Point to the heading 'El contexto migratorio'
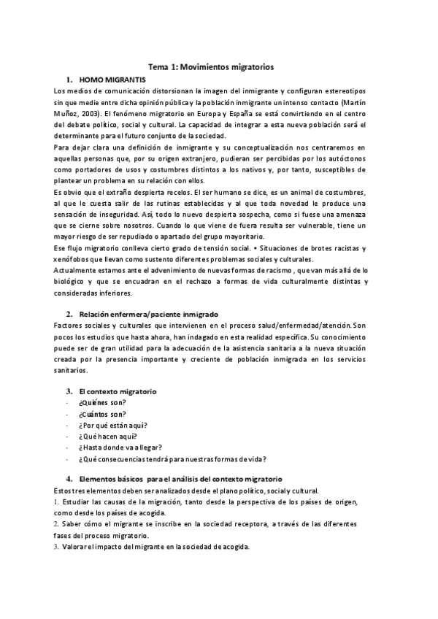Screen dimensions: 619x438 click(118, 391)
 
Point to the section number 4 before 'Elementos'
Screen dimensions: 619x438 click(69, 478)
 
